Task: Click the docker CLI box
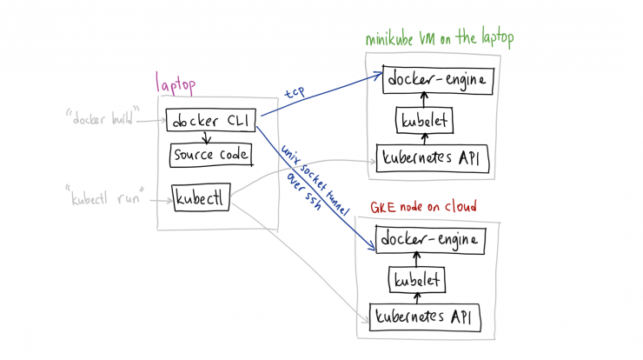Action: pos(211,120)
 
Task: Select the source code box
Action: pos(211,155)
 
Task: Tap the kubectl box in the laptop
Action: pos(201,197)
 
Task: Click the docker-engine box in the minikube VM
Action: pos(438,80)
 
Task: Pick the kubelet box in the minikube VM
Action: pos(424,120)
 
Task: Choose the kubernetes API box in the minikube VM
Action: pos(432,158)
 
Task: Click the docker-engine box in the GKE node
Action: pos(430,239)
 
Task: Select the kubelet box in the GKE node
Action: pos(417,280)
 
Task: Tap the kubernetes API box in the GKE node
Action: pos(425,317)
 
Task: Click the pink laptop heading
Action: pos(176,84)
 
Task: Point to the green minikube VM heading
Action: pos(439,38)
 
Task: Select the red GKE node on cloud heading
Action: pos(423,207)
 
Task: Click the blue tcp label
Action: pos(295,92)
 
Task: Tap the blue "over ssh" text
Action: pos(304,191)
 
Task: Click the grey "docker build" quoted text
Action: pos(103,117)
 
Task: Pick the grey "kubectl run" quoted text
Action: pos(105,196)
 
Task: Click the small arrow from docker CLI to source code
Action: pos(206,138)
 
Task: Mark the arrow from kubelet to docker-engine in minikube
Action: pos(424,100)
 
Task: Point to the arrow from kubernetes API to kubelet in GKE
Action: pos(417,298)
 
